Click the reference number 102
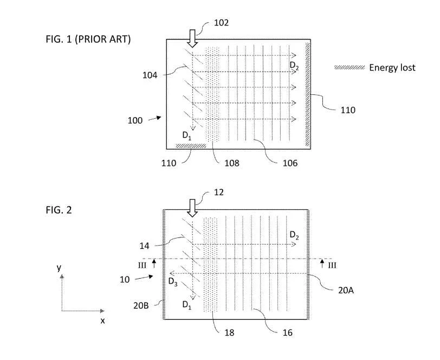click(222, 23)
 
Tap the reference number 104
click(150, 75)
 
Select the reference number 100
click(135, 120)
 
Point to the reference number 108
click(232, 163)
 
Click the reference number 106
click(290, 163)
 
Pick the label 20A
click(346, 290)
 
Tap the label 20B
click(141, 306)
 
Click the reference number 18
click(229, 333)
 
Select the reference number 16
click(288, 333)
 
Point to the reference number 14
click(145, 246)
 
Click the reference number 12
click(219, 192)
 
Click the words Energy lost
click(392, 68)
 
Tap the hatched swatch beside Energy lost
click(350, 67)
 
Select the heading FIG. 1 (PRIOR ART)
click(88, 39)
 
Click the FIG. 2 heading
click(59, 210)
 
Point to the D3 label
click(173, 281)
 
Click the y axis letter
click(59, 268)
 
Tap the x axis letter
click(103, 320)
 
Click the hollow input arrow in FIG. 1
click(192, 38)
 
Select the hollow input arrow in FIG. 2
click(192, 208)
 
